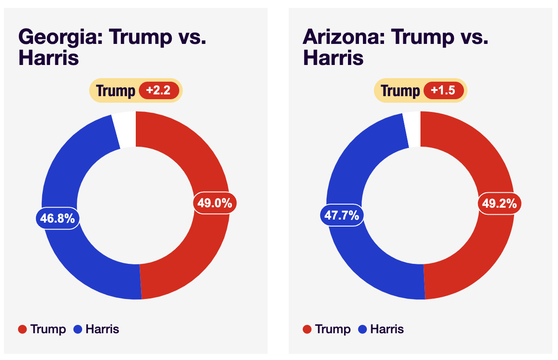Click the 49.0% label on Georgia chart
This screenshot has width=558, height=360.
[215, 203]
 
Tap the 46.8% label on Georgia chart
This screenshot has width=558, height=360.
[58, 218]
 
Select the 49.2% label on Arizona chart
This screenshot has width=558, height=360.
[500, 203]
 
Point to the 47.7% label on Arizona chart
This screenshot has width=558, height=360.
[342, 215]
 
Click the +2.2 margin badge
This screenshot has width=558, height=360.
[159, 90]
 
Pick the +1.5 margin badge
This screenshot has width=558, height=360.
[443, 90]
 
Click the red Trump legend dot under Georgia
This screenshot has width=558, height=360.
[22, 329]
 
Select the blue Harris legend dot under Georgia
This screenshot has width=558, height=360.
[78, 329]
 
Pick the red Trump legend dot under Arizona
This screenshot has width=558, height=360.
[307, 329]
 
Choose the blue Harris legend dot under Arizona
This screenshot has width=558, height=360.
[362, 329]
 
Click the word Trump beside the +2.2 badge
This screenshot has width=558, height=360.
[116, 91]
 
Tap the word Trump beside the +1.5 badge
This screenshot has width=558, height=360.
[400, 91]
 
